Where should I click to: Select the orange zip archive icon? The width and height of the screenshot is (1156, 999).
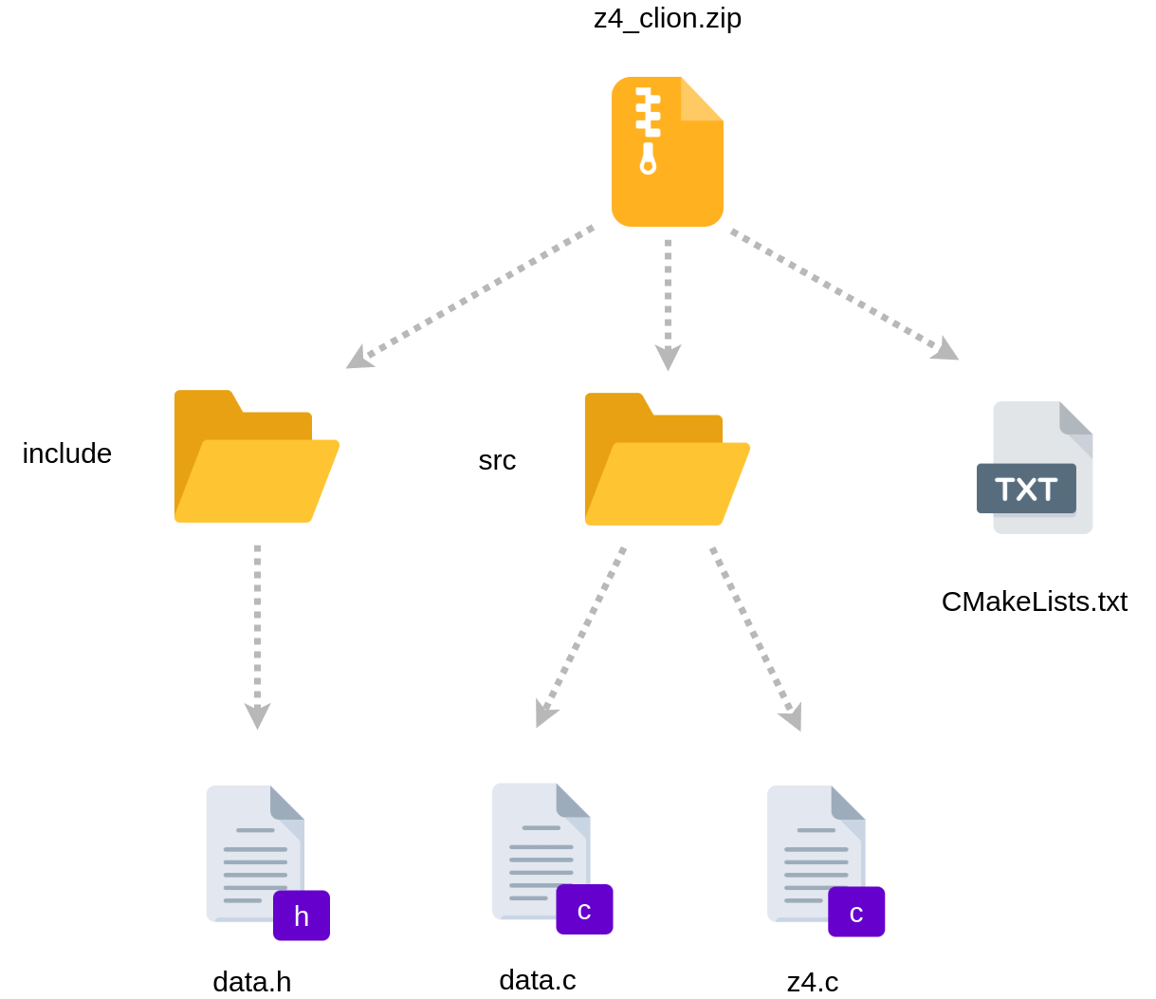coord(668,152)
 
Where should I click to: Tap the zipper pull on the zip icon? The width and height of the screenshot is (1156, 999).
coord(648,158)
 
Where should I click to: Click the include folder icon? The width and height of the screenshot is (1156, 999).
coord(257,456)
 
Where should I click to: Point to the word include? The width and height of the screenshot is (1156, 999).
coord(67,453)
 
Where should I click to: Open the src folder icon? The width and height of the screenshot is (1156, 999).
coord(668,459)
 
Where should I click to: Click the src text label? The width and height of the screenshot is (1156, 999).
coord(497,461)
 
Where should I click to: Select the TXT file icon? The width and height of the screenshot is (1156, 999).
coord(1035,468)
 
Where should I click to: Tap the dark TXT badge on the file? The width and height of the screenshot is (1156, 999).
coord(1026,489)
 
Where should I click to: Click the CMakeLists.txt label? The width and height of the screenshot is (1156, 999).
coord(1035,601)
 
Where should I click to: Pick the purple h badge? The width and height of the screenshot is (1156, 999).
coord(302,916)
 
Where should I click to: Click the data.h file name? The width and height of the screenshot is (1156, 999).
coord(252,982)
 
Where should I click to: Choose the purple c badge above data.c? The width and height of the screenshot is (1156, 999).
coord(584,910)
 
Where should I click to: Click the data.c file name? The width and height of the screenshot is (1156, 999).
coord(538,980)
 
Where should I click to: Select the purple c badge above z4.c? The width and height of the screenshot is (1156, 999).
coord(856,912)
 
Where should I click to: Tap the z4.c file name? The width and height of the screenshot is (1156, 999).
coord(813,982)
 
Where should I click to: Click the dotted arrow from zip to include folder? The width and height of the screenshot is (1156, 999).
coord(469,297)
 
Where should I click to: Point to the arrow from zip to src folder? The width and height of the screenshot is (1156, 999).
coord(668,305)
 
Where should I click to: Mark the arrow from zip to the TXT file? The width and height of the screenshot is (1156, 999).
coord(845,294)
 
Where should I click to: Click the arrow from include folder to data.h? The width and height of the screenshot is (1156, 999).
coord(257,637)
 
